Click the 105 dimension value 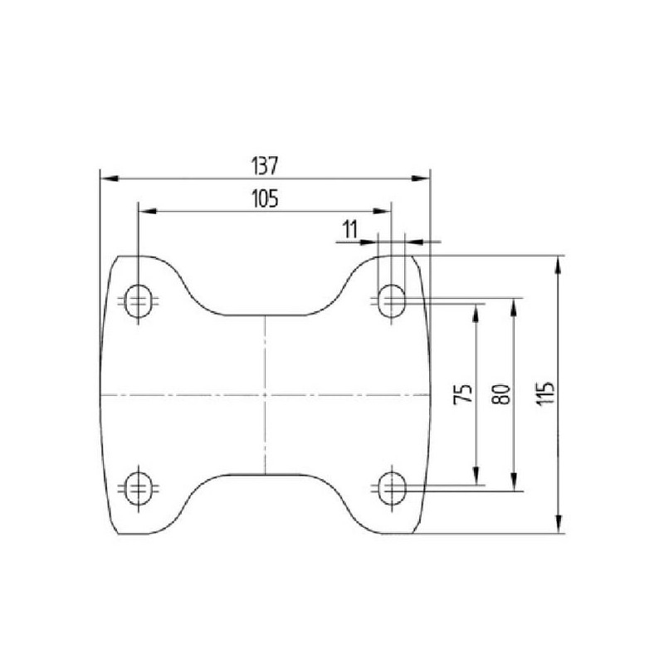tap(265, 198)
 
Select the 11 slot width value tap(350, 230)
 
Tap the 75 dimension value tap(463, 393)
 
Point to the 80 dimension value tap(502, 393)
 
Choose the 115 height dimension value tap(545, 393)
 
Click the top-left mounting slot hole tap(139, 301)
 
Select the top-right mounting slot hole tap(391, 301)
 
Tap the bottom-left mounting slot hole tap(139, 488)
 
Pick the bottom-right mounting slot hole tap(391, 488)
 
